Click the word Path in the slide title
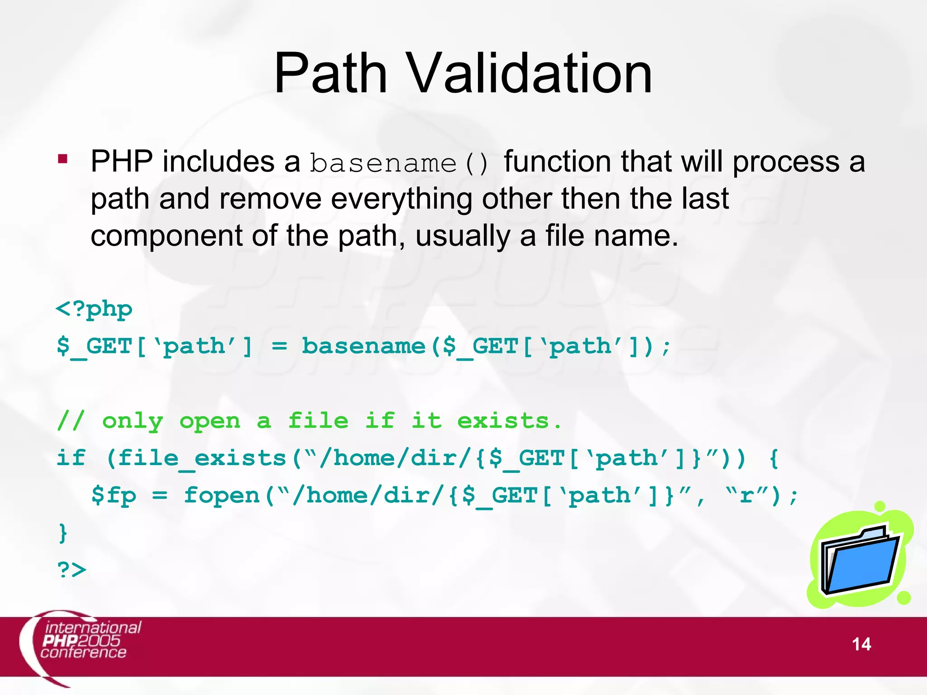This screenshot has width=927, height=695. pos(330,73)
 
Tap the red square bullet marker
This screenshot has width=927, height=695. pos(62,159)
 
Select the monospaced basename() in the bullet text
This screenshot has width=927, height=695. pos(399,163)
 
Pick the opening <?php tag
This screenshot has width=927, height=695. pos(94,310)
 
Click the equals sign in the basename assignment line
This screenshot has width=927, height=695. pos(279,347)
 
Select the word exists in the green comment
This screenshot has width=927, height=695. pos(503,421)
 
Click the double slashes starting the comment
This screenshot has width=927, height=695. pos(71,421)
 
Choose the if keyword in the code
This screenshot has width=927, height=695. pos(71,458)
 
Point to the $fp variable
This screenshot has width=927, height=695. pos(114,495)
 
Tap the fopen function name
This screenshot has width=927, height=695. pos(222,495)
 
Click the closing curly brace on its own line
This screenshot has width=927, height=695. pos(63,533)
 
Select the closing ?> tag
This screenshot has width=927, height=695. pos(72,570)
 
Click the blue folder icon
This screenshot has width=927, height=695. pos(860,559)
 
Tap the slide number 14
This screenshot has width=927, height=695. pos(861,644)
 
